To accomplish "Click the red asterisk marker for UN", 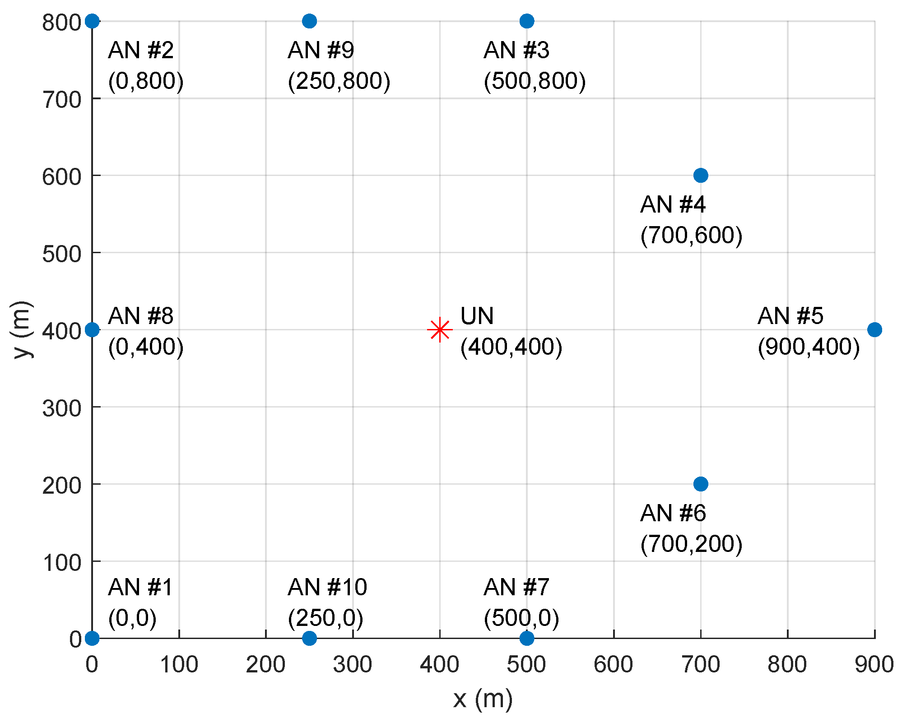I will click(439, 330).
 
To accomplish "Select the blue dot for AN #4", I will click(700, 175).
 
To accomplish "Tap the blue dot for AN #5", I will click(874, 329).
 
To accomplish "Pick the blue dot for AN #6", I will click(700, 484).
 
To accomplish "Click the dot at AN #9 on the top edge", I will click(309, 21).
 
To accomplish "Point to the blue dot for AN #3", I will click(526, 21).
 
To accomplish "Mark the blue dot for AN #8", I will click(92, 329).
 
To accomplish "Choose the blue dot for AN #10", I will click(309, 638).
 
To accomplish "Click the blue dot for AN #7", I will click(526, 638).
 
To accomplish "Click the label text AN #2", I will click(141, 50).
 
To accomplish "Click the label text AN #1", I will click(140, 587).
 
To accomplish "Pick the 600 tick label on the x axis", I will click(613, 664).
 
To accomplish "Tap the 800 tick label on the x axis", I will click(787, 664).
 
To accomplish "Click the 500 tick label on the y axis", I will click(62, 254).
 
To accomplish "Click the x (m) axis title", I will click(483, 699).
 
